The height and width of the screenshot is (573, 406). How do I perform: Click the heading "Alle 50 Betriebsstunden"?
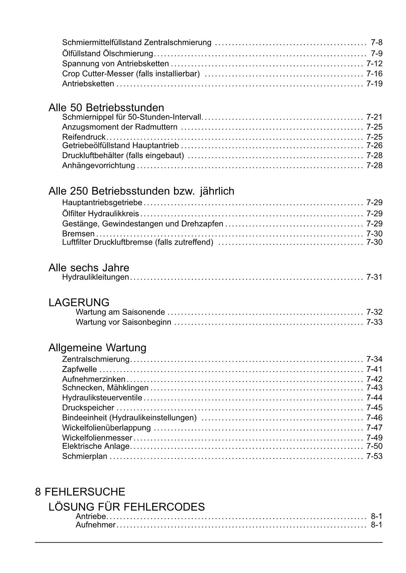click(x=106, y=107)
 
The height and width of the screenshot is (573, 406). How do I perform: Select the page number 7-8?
click(x=377, y=42)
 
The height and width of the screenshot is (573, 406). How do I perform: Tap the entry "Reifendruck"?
click(x=84, y=137)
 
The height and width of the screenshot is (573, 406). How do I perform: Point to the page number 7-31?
click(x=374, y=277)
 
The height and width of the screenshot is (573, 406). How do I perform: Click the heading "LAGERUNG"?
click(x=79, y=302)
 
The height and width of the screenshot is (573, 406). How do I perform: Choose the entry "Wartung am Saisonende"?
click(x=120, y=312)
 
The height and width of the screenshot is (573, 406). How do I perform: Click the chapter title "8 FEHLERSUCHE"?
click(x=80, y=492)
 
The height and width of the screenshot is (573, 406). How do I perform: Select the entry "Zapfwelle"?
click(x=79, y=369)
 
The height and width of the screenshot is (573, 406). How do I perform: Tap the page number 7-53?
click(x=374, y=456)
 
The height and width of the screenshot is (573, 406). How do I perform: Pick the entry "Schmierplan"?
click(x=85, y=456)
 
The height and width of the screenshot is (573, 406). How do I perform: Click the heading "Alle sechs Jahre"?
click(x=89, y=268)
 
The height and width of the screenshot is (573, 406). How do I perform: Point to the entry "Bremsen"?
click(x=78, y=234)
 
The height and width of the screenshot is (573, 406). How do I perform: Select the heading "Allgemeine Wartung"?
click(x=97, y=348)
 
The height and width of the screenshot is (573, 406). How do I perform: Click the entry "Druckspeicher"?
click(x=88, y=408)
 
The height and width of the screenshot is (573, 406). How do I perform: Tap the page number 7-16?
click(x=374, y=74)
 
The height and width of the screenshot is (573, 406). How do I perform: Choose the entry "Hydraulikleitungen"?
click(x=96, y=277)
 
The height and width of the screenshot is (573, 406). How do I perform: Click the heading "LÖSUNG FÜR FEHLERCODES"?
click(x=127, y=507)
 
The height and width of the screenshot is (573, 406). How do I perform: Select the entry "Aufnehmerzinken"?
click(x=94, y=379)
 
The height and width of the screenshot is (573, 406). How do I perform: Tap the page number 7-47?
click(x=374, y=428)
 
